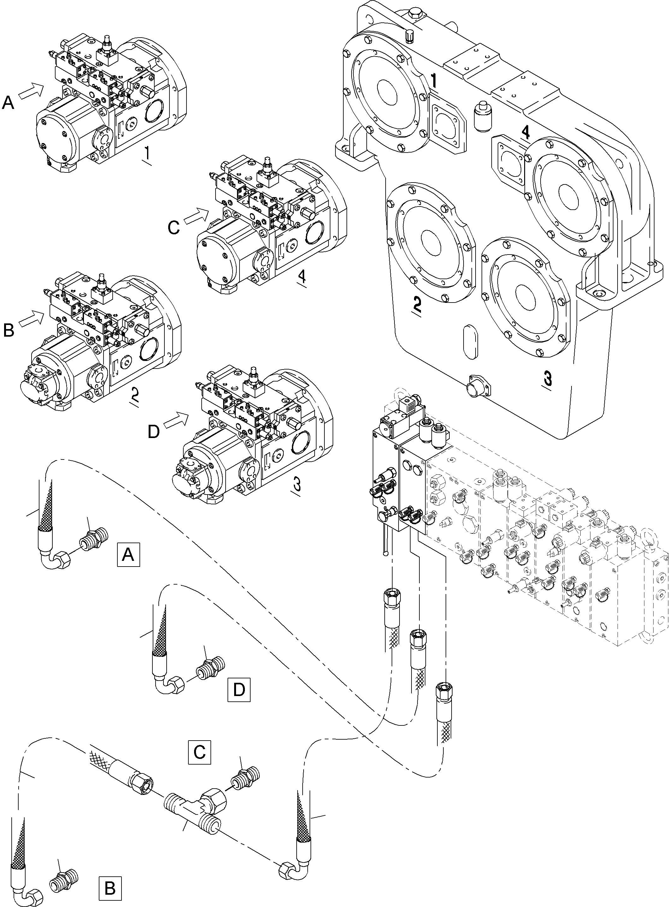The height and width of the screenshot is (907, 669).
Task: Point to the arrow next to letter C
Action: coord(196,216)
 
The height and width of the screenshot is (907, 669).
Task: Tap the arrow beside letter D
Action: coord(176,419)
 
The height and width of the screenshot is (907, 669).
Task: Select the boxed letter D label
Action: coord(239,689)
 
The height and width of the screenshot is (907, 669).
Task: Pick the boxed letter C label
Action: coord(199,752)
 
